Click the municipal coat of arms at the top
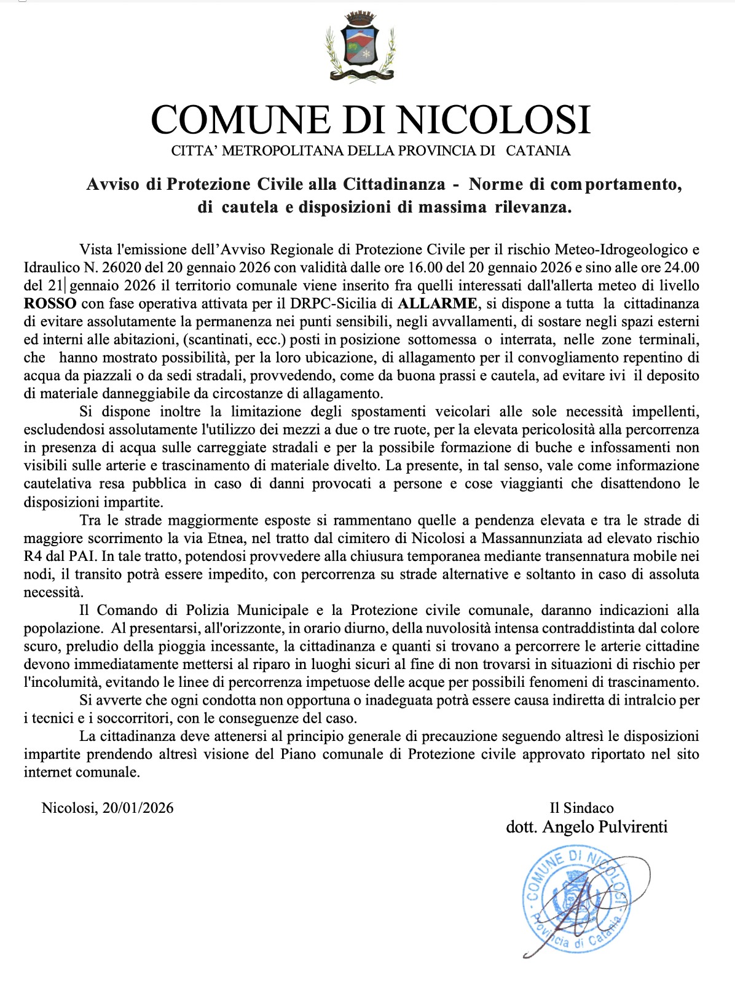point(360,46)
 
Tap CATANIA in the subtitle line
point(538,151)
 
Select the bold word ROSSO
point(50,304)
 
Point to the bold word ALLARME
point(437,304)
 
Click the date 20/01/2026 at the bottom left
point(138,808)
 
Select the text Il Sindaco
point(581,808)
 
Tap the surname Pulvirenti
point(632,827)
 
